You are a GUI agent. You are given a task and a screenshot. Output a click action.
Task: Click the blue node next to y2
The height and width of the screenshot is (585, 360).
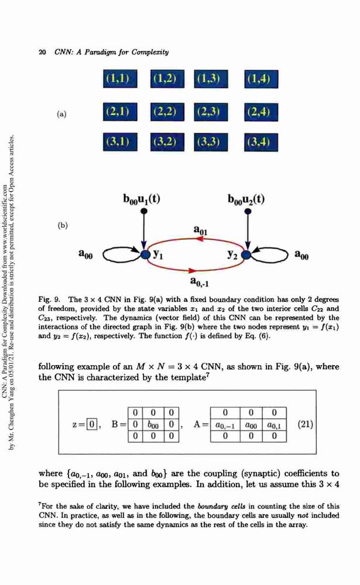[x=246, y=255]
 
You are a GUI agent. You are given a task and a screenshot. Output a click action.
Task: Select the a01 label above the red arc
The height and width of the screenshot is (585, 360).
[x=200, y=230]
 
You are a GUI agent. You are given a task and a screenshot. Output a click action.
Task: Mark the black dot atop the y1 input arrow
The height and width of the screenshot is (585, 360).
[x=144, y=212]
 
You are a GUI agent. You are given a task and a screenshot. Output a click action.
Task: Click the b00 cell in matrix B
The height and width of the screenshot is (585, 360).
[x=153, y=425]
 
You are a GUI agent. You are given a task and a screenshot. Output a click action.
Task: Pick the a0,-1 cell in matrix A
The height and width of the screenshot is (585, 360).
[x=225, y=425]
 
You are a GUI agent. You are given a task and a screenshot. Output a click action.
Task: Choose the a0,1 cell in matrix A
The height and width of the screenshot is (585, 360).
[x=274, y=425]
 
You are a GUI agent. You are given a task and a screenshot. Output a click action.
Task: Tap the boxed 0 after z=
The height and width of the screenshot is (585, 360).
[x=92, y=425]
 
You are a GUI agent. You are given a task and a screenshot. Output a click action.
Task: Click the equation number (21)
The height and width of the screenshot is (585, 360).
[x=306, y=425]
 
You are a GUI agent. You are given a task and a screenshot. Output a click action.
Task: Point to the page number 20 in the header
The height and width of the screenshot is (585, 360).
[x=42, y=52]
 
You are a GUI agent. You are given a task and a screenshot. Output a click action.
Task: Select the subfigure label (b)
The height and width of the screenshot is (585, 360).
[x=63, y=225]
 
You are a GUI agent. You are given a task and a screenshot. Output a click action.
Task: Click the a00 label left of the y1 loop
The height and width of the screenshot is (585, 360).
[x=85, y=254]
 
